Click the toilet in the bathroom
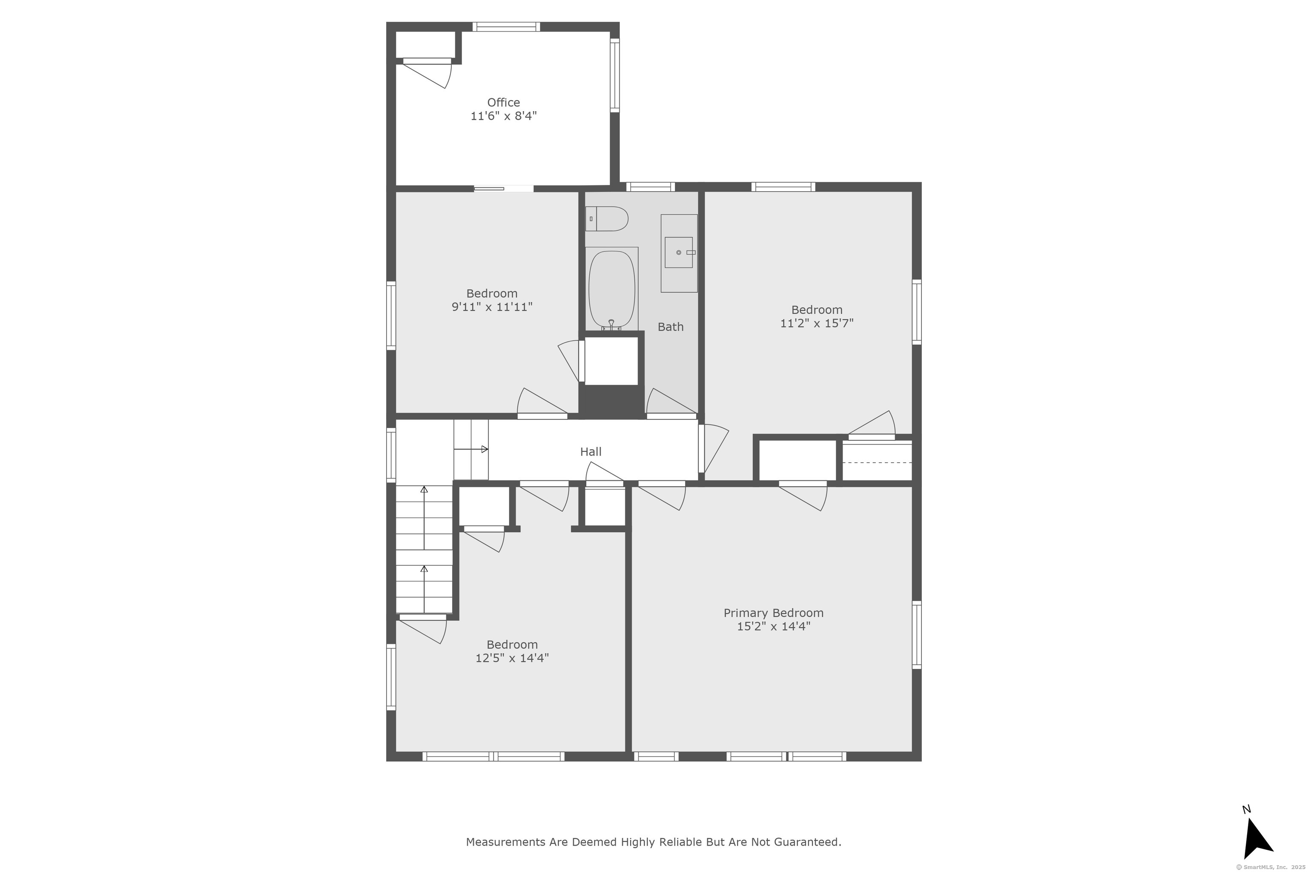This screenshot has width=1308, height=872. pyautogui.click(x=607, y=218)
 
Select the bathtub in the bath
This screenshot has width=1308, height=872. pyautogui.click(x=612, y=289)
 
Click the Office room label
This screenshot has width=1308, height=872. pyautogui.click(x=504, y=102)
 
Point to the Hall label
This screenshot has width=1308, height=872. pyautogui.click(x=591, y=452)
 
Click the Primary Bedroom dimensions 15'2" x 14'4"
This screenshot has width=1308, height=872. pyautogui.click(x=774, y=626)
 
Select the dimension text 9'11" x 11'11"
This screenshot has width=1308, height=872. pyautogui.click(x=492, y=307)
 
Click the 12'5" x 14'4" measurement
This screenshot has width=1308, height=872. pyautogui.click(x=512, y=658)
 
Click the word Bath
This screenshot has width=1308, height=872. pyautogui.click(x=671, y=327)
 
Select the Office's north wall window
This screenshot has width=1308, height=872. pyautogui.click(x=506, y=27)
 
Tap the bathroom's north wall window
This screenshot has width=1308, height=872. pyautogui.click(x=651, y=187)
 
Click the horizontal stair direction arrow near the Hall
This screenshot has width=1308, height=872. pyautogui.click(x=471, y=449)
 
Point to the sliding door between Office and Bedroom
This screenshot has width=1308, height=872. pyautogui.click(x=489, y=189)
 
